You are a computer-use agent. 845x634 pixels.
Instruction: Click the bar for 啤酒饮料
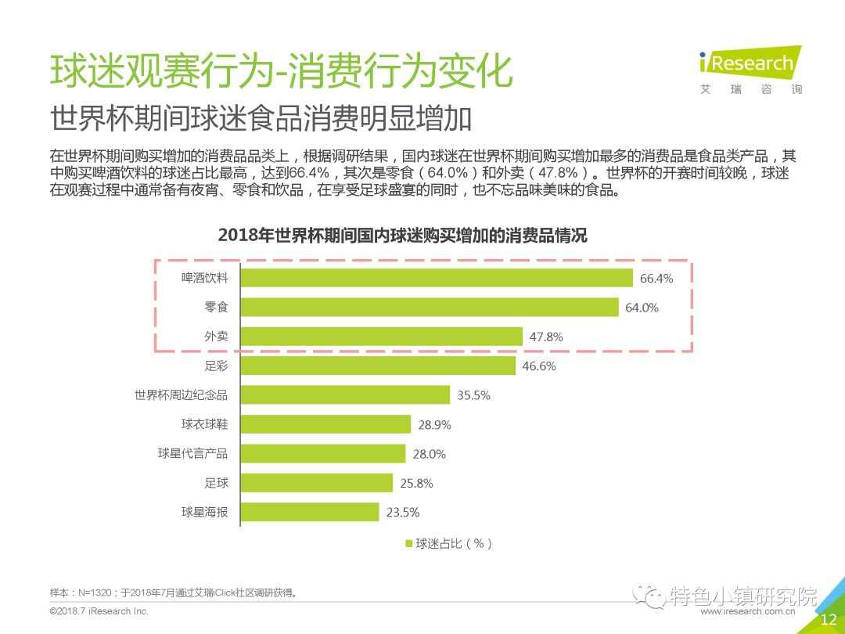[436, 278]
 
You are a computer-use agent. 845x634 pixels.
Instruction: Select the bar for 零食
[429, 308]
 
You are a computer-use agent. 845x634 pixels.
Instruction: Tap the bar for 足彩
[377, 366]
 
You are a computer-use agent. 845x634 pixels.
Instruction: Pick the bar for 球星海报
[309, 513]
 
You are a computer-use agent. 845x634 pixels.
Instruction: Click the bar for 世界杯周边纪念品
[344, 395]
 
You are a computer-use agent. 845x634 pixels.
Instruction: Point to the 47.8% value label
[546, 337]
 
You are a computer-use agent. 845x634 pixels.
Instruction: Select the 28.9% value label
[434, 425]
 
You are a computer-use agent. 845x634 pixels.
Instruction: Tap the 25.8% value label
[416, 484]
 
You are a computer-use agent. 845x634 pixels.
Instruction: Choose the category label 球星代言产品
[193, 454]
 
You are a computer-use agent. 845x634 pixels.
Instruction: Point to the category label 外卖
[217, 337]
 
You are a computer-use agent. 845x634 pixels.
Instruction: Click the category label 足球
[217, 483]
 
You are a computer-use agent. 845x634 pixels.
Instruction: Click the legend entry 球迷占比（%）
[448, 543]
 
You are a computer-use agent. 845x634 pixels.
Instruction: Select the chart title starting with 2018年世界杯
[402, 235]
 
